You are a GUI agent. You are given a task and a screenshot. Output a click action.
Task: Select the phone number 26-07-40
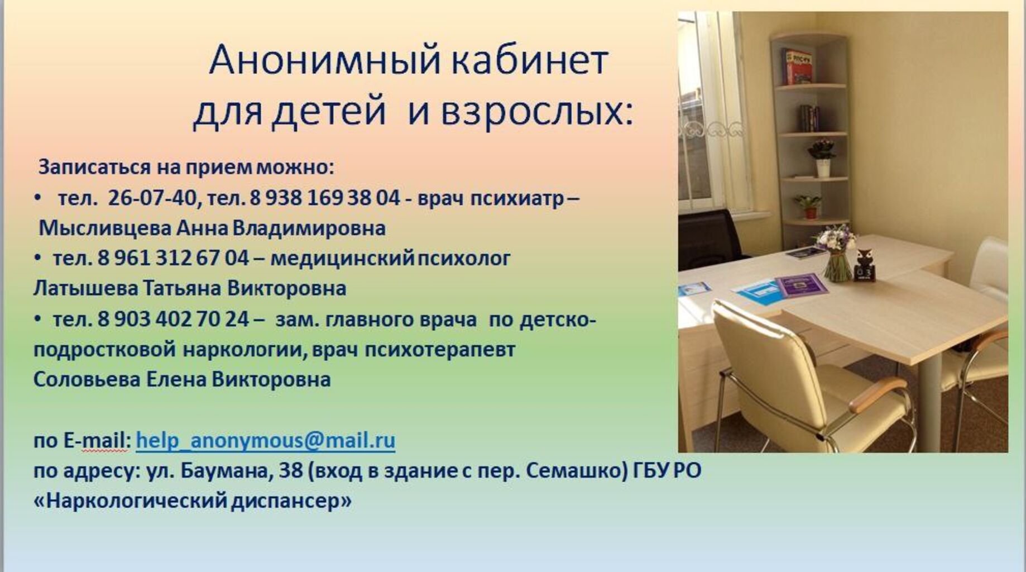152,198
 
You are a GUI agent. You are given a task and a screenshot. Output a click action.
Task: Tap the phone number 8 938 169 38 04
325,198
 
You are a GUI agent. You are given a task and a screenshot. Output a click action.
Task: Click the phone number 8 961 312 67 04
173,258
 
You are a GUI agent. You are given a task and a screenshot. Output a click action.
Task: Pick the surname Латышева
85,288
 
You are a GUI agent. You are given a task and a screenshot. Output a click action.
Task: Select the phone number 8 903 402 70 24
173,319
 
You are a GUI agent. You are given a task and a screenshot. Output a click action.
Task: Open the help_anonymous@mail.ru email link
266,440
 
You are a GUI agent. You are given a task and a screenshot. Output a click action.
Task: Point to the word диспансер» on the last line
291,501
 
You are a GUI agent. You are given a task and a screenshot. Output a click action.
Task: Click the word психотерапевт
440,350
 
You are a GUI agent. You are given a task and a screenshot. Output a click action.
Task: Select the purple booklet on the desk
801,285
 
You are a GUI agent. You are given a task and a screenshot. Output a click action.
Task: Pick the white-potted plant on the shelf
823,158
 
